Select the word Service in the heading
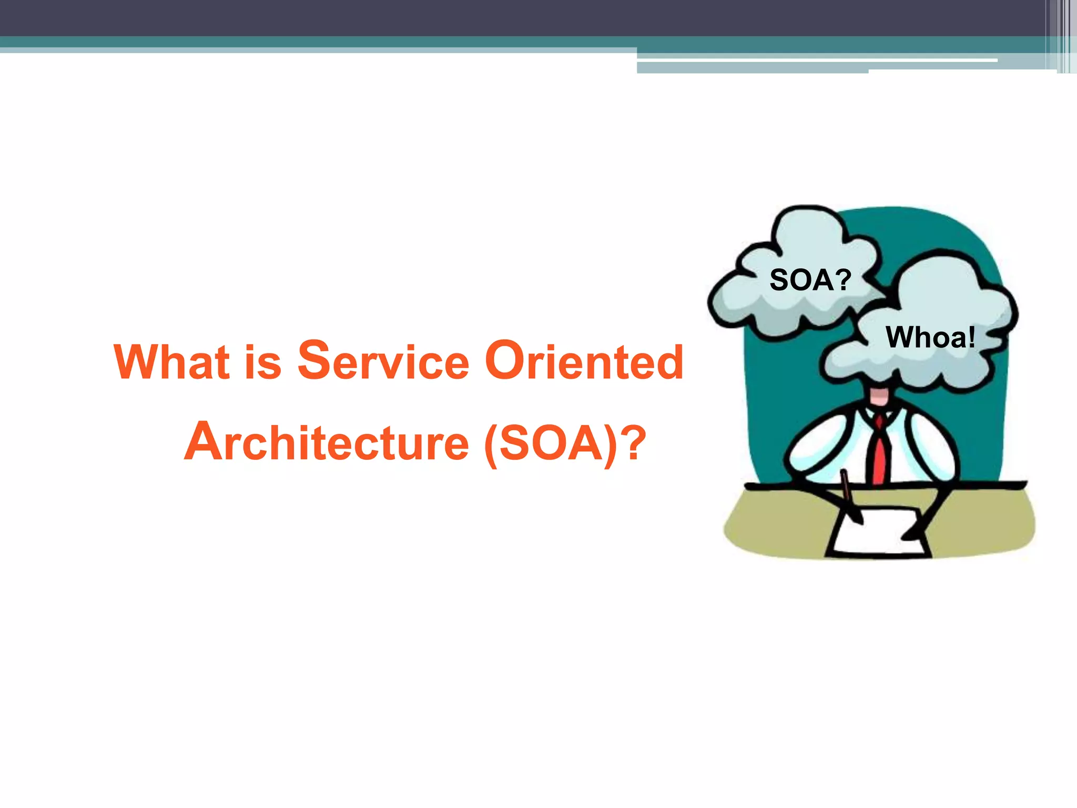tap(383, 361)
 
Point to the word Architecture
tap(326, 442)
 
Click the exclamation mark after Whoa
tap(971, 337)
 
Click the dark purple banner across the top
tap(473, 17)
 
